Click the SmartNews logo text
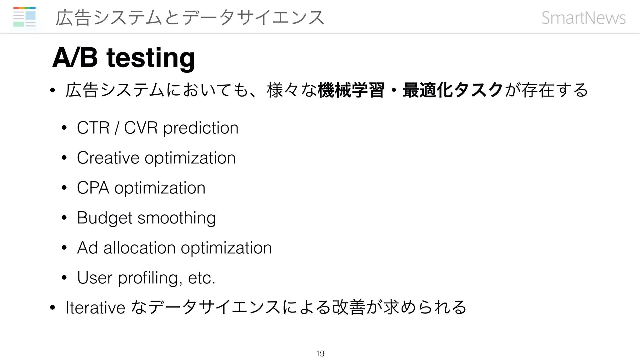(583, 18)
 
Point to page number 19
(320, 353)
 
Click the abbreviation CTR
(93, 128)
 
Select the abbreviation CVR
(141, 128)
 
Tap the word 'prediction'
(201, 128)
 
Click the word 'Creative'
(108, 158)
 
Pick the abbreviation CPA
(93, 188)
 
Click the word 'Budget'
(104, 218)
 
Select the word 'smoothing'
(177, 218)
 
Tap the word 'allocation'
(139, 248)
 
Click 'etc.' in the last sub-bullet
(202, 278)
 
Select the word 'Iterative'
(95, 307)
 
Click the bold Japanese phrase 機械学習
(351, 90)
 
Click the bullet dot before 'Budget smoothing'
(64, 218)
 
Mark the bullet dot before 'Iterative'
(52, 308)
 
